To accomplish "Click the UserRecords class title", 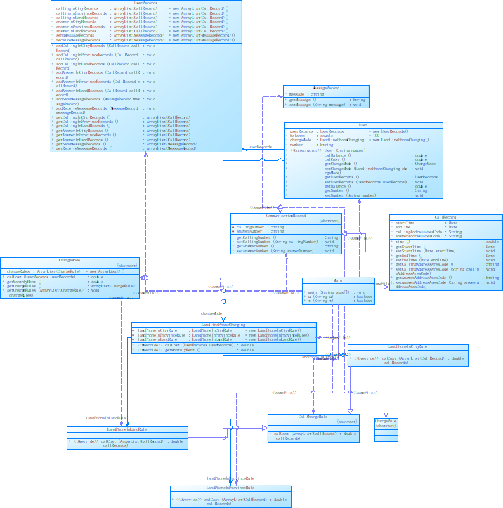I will coord(146,3).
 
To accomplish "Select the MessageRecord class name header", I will coord(325,88).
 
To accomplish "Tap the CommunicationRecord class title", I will coord(286,215).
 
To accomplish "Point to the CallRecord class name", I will coord(445,217).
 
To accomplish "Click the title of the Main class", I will coord(337,280).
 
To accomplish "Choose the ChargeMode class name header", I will coord(70,260).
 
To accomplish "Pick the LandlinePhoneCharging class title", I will coord(223,325).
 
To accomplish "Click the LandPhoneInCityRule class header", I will coord(407,346).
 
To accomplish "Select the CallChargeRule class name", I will coord(313,416).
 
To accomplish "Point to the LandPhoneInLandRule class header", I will coord(127,429).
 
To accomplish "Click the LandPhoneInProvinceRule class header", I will coord(230,487).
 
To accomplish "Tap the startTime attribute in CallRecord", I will coord(408,223).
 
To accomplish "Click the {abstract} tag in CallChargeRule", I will coord(347,422).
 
